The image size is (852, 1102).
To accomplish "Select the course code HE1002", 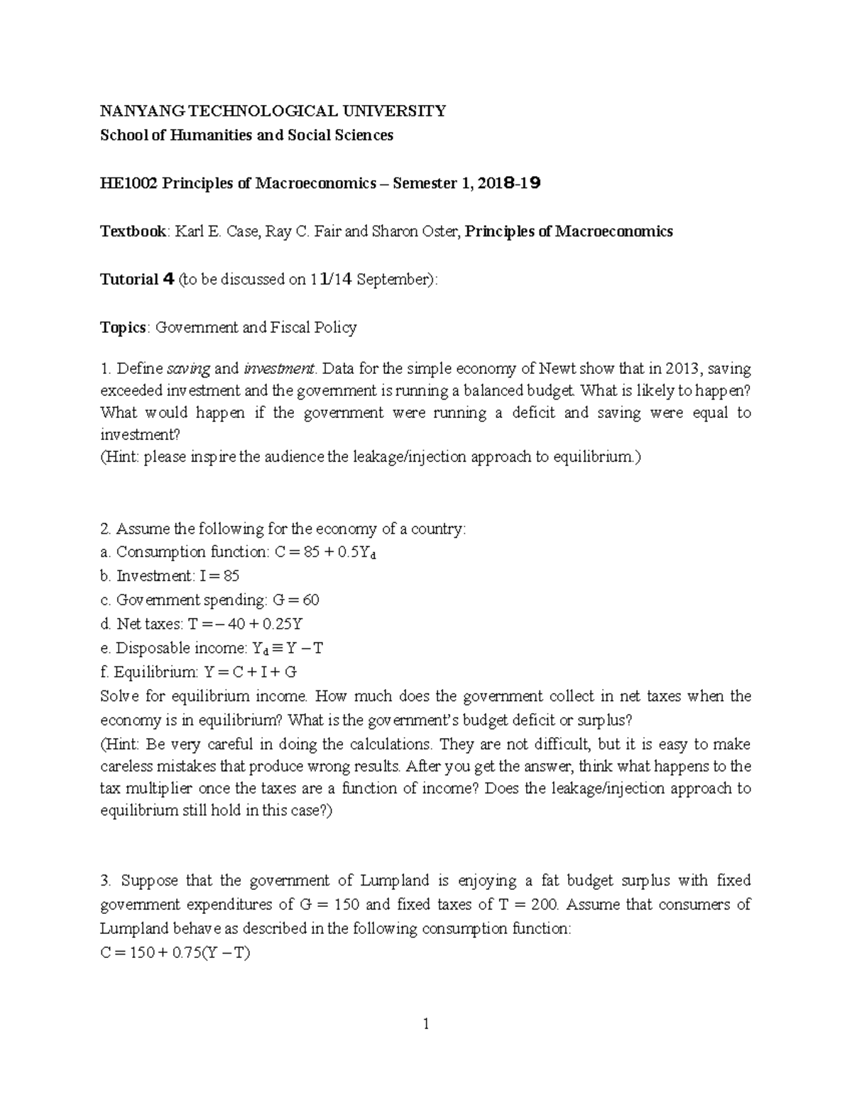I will click(129, 184).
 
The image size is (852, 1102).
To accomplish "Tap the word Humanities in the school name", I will click(204, 135).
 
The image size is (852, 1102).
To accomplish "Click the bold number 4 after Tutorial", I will click(168, 279).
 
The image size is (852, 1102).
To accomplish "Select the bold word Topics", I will click(124, 327).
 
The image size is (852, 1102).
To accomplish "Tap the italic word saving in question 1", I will click(188, 369).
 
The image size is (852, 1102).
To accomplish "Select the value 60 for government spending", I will click(310, 600).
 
